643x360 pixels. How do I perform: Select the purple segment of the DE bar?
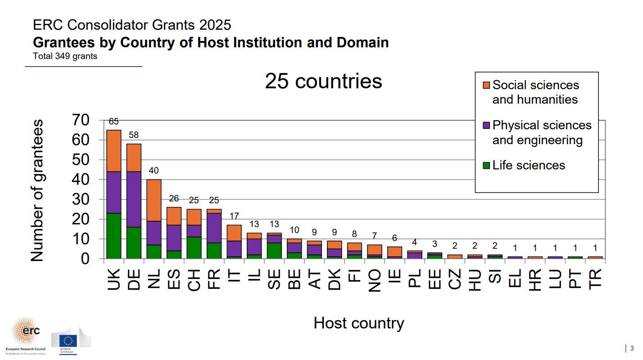(x=134, y=199)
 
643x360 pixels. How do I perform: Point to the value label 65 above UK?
(x=113, y=122)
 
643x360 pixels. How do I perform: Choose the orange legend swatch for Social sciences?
(x=486, y=85)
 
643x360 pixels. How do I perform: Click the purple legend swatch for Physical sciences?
(x=486, y=125)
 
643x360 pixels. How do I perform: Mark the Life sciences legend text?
(x=529, y=165)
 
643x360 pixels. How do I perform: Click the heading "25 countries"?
(x=323, y=82)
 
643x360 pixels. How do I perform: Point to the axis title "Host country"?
(x=359, y=323)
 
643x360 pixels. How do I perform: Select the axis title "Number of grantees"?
(x=37, y=190)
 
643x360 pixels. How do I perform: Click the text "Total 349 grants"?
(x=65, y=57)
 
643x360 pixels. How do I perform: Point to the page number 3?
(x=631, y=348)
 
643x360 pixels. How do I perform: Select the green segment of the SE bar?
(x=274, y=250)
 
